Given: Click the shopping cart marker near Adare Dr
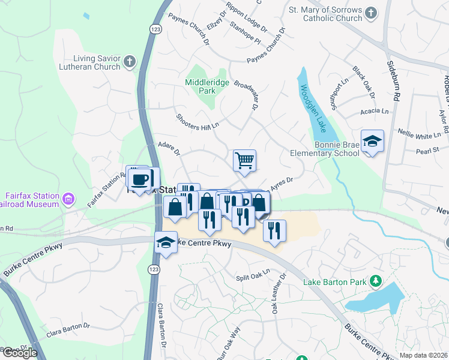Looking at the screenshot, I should click(x=244, y=160).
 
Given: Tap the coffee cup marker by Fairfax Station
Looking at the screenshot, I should click(x=140, y=179).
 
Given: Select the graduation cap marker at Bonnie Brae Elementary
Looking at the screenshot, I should click(x=372, y=142).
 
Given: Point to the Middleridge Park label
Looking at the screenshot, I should click(x=200, y=86).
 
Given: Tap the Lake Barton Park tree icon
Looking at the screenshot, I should click(x=376, y=280).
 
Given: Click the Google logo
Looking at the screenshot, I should click(x=19, y=352).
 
